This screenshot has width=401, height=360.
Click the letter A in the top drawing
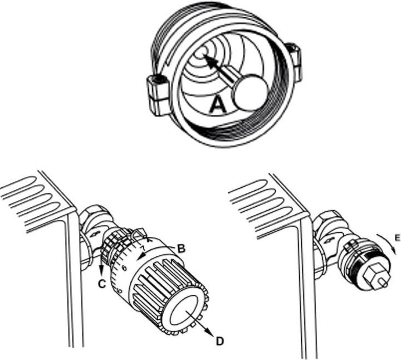[218, 105]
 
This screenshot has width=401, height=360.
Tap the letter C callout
[102, 284]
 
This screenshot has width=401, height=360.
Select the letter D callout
[219, 340]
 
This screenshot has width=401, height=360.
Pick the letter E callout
[397, 238]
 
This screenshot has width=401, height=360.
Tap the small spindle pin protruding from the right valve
[383, 283]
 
